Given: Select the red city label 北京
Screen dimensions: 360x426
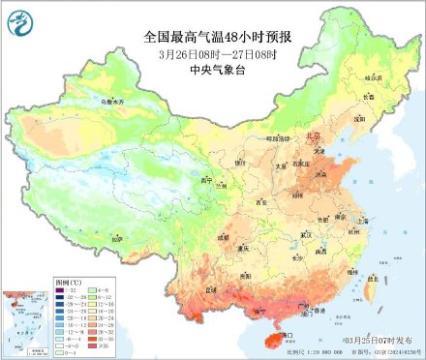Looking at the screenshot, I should tap(313, 137).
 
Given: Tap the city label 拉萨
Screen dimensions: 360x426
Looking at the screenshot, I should tap(117, 237).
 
